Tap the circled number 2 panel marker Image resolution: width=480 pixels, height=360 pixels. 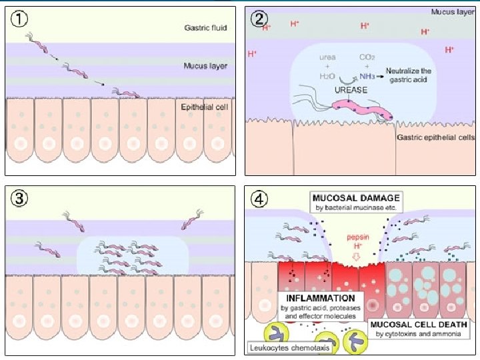coord(258,18)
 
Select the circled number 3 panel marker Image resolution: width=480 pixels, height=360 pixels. coord(19,198)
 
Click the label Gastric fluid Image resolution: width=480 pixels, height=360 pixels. coord(205,28)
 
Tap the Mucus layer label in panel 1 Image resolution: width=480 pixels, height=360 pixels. coord(205,66)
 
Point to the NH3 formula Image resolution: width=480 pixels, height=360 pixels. coord(367,76)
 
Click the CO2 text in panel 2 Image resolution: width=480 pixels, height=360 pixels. coord(367,57)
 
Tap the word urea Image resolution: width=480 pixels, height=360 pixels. coord(328,57)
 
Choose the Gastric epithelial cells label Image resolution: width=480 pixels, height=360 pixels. coord(435,138)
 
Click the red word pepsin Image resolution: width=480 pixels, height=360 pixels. coord(359,236)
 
